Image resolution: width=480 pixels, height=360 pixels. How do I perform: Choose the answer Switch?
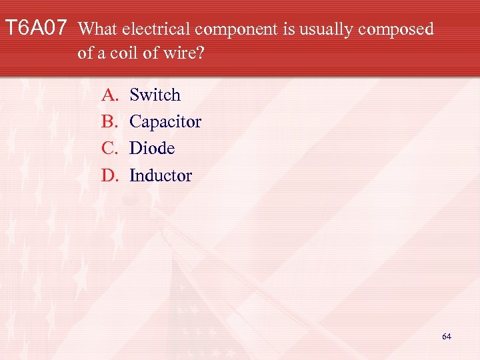(x=155, y=95)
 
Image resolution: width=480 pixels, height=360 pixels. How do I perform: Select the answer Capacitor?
(x=165, y=122)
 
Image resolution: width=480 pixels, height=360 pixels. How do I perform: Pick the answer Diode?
(x=152, y=148)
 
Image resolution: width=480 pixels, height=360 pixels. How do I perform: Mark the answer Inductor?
(x=160, y=175)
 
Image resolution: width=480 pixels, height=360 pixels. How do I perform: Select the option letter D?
(x=109, y=175)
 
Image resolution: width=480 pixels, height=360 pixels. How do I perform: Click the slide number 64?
(x=446, y=337)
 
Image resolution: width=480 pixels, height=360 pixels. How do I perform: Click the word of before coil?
(x=85, y=53)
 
